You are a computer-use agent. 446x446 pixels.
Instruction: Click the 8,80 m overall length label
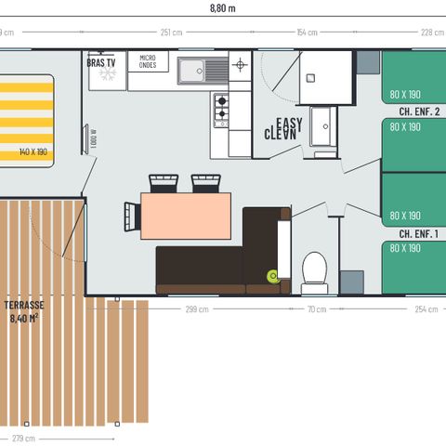click(223, 8)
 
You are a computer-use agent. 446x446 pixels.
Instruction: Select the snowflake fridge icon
click(108, 73)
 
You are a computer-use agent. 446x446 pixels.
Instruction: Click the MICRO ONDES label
click(149, 62)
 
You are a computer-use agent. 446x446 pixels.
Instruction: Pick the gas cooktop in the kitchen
click(221, 109)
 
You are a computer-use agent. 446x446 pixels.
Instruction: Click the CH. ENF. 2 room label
click(418, 111)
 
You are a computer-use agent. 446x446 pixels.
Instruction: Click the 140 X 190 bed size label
click(33, 151)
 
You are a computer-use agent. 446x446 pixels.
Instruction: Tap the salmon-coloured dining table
click(185, 215)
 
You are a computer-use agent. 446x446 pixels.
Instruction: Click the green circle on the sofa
click(273, 275)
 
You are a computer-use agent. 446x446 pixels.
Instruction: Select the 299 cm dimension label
click(197, 309)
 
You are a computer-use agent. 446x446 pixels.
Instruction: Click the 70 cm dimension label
click(317, 309)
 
